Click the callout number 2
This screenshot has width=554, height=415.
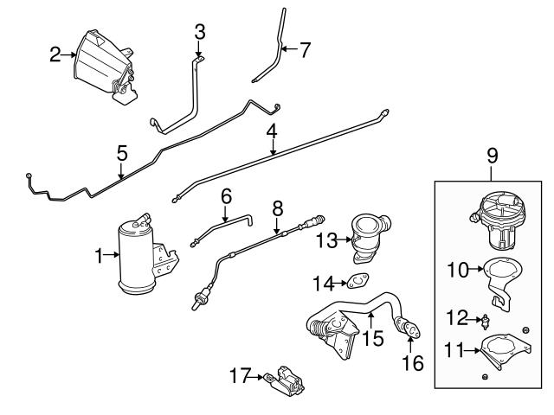click(55, 55)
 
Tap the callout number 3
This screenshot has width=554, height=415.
click(200, 33)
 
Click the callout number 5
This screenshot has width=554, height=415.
click(122, 154)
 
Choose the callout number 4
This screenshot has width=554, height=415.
click(272, 132)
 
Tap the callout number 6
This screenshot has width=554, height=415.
click(226, 197)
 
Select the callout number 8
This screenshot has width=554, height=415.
click(277, 209)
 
